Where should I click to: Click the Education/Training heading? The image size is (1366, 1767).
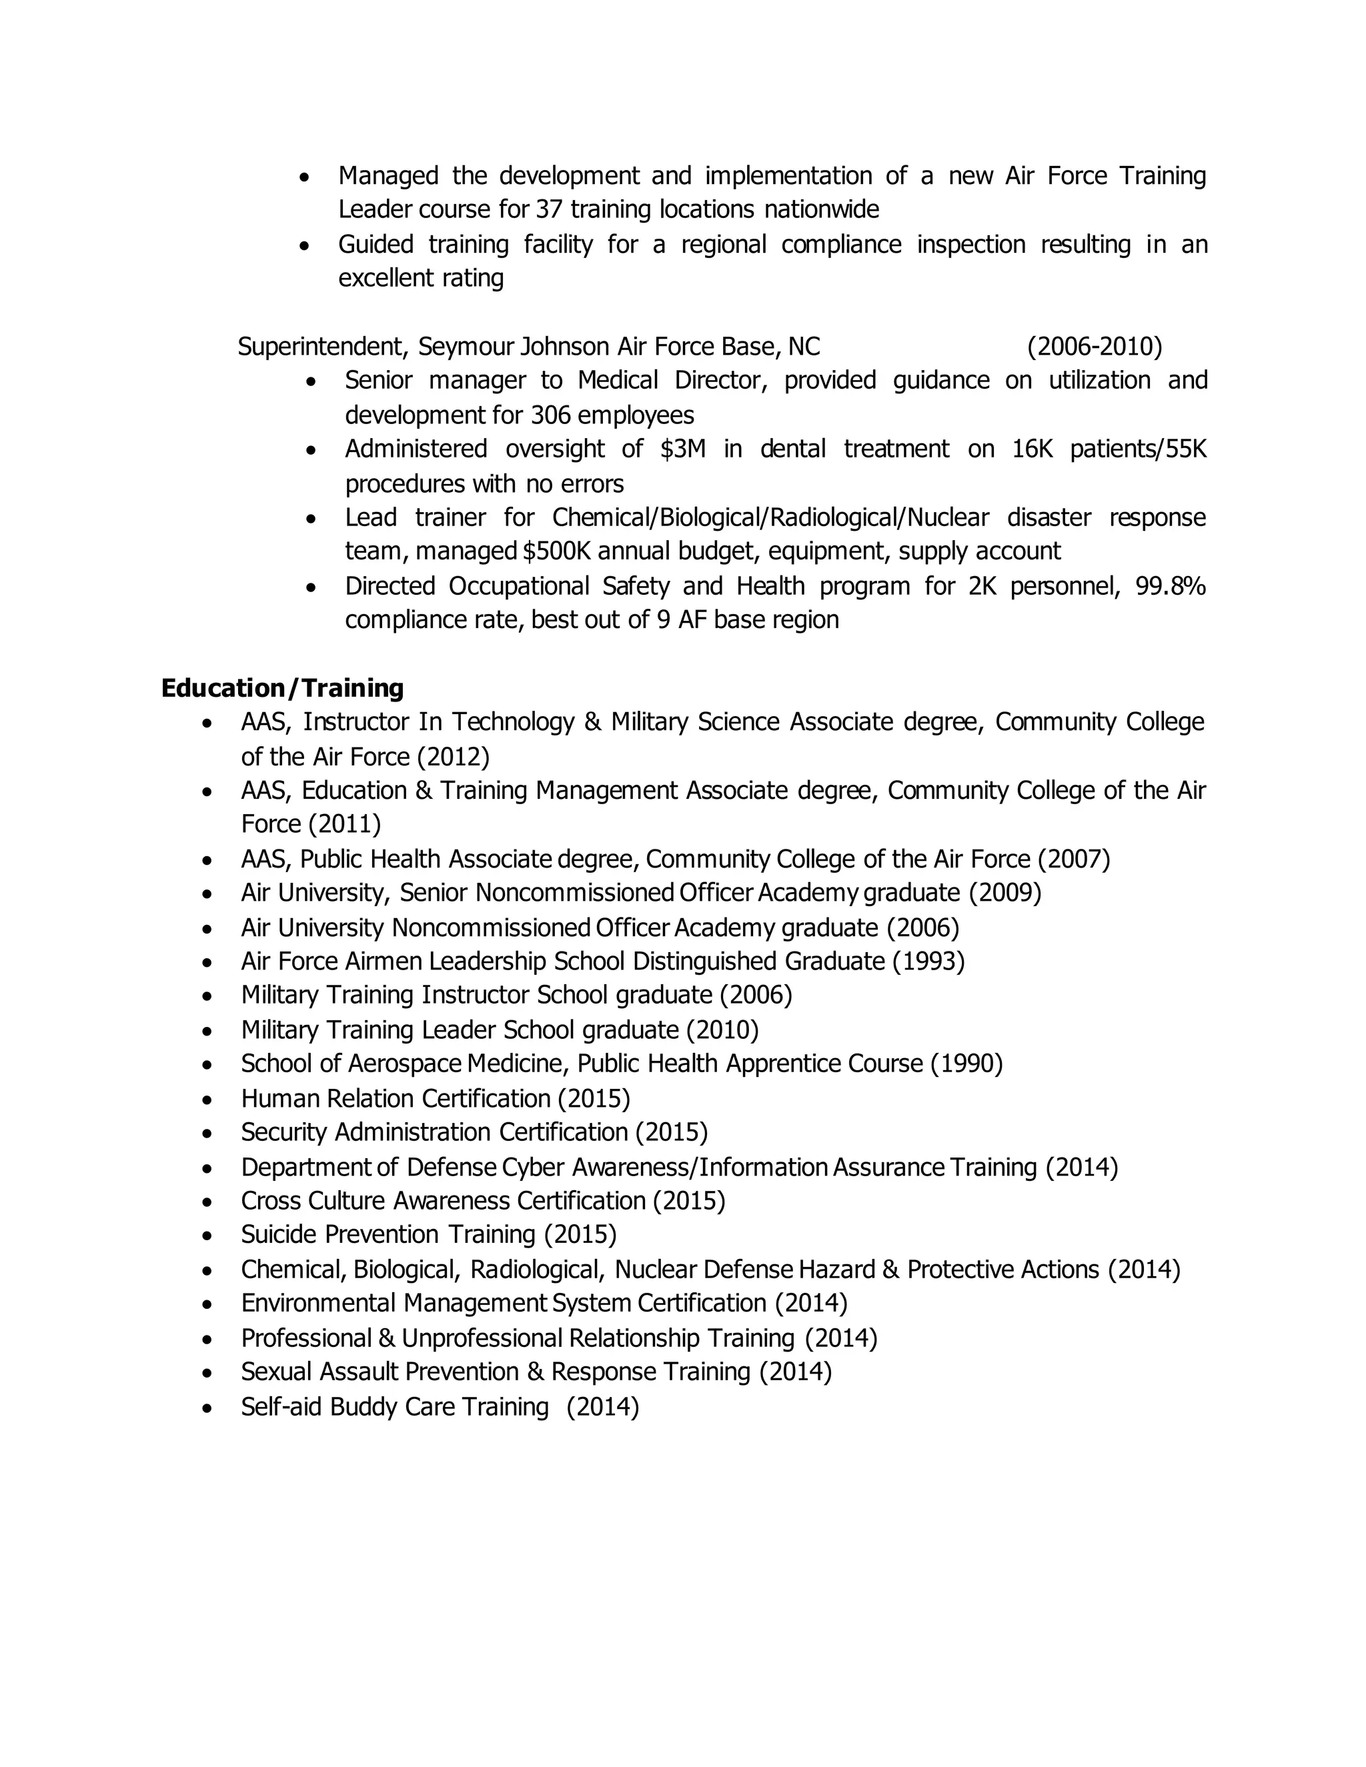tap(281, 689)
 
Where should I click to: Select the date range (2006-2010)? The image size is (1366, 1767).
tap(1094, 347)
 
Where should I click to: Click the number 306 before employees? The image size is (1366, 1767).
tap(551, 415)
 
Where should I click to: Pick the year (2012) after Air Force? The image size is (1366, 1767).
tap(453, 757)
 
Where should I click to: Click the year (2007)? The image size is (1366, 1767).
tap(1074, 859)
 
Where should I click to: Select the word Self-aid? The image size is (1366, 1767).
tap(281, 1407)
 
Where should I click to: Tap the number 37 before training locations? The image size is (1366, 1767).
tap(549, 210)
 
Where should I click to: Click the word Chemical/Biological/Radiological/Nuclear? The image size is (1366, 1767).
tap(770, 518)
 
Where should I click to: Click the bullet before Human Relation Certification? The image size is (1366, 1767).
tap(208, 1100)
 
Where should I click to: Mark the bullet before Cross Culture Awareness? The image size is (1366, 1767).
tap(208, 1202)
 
